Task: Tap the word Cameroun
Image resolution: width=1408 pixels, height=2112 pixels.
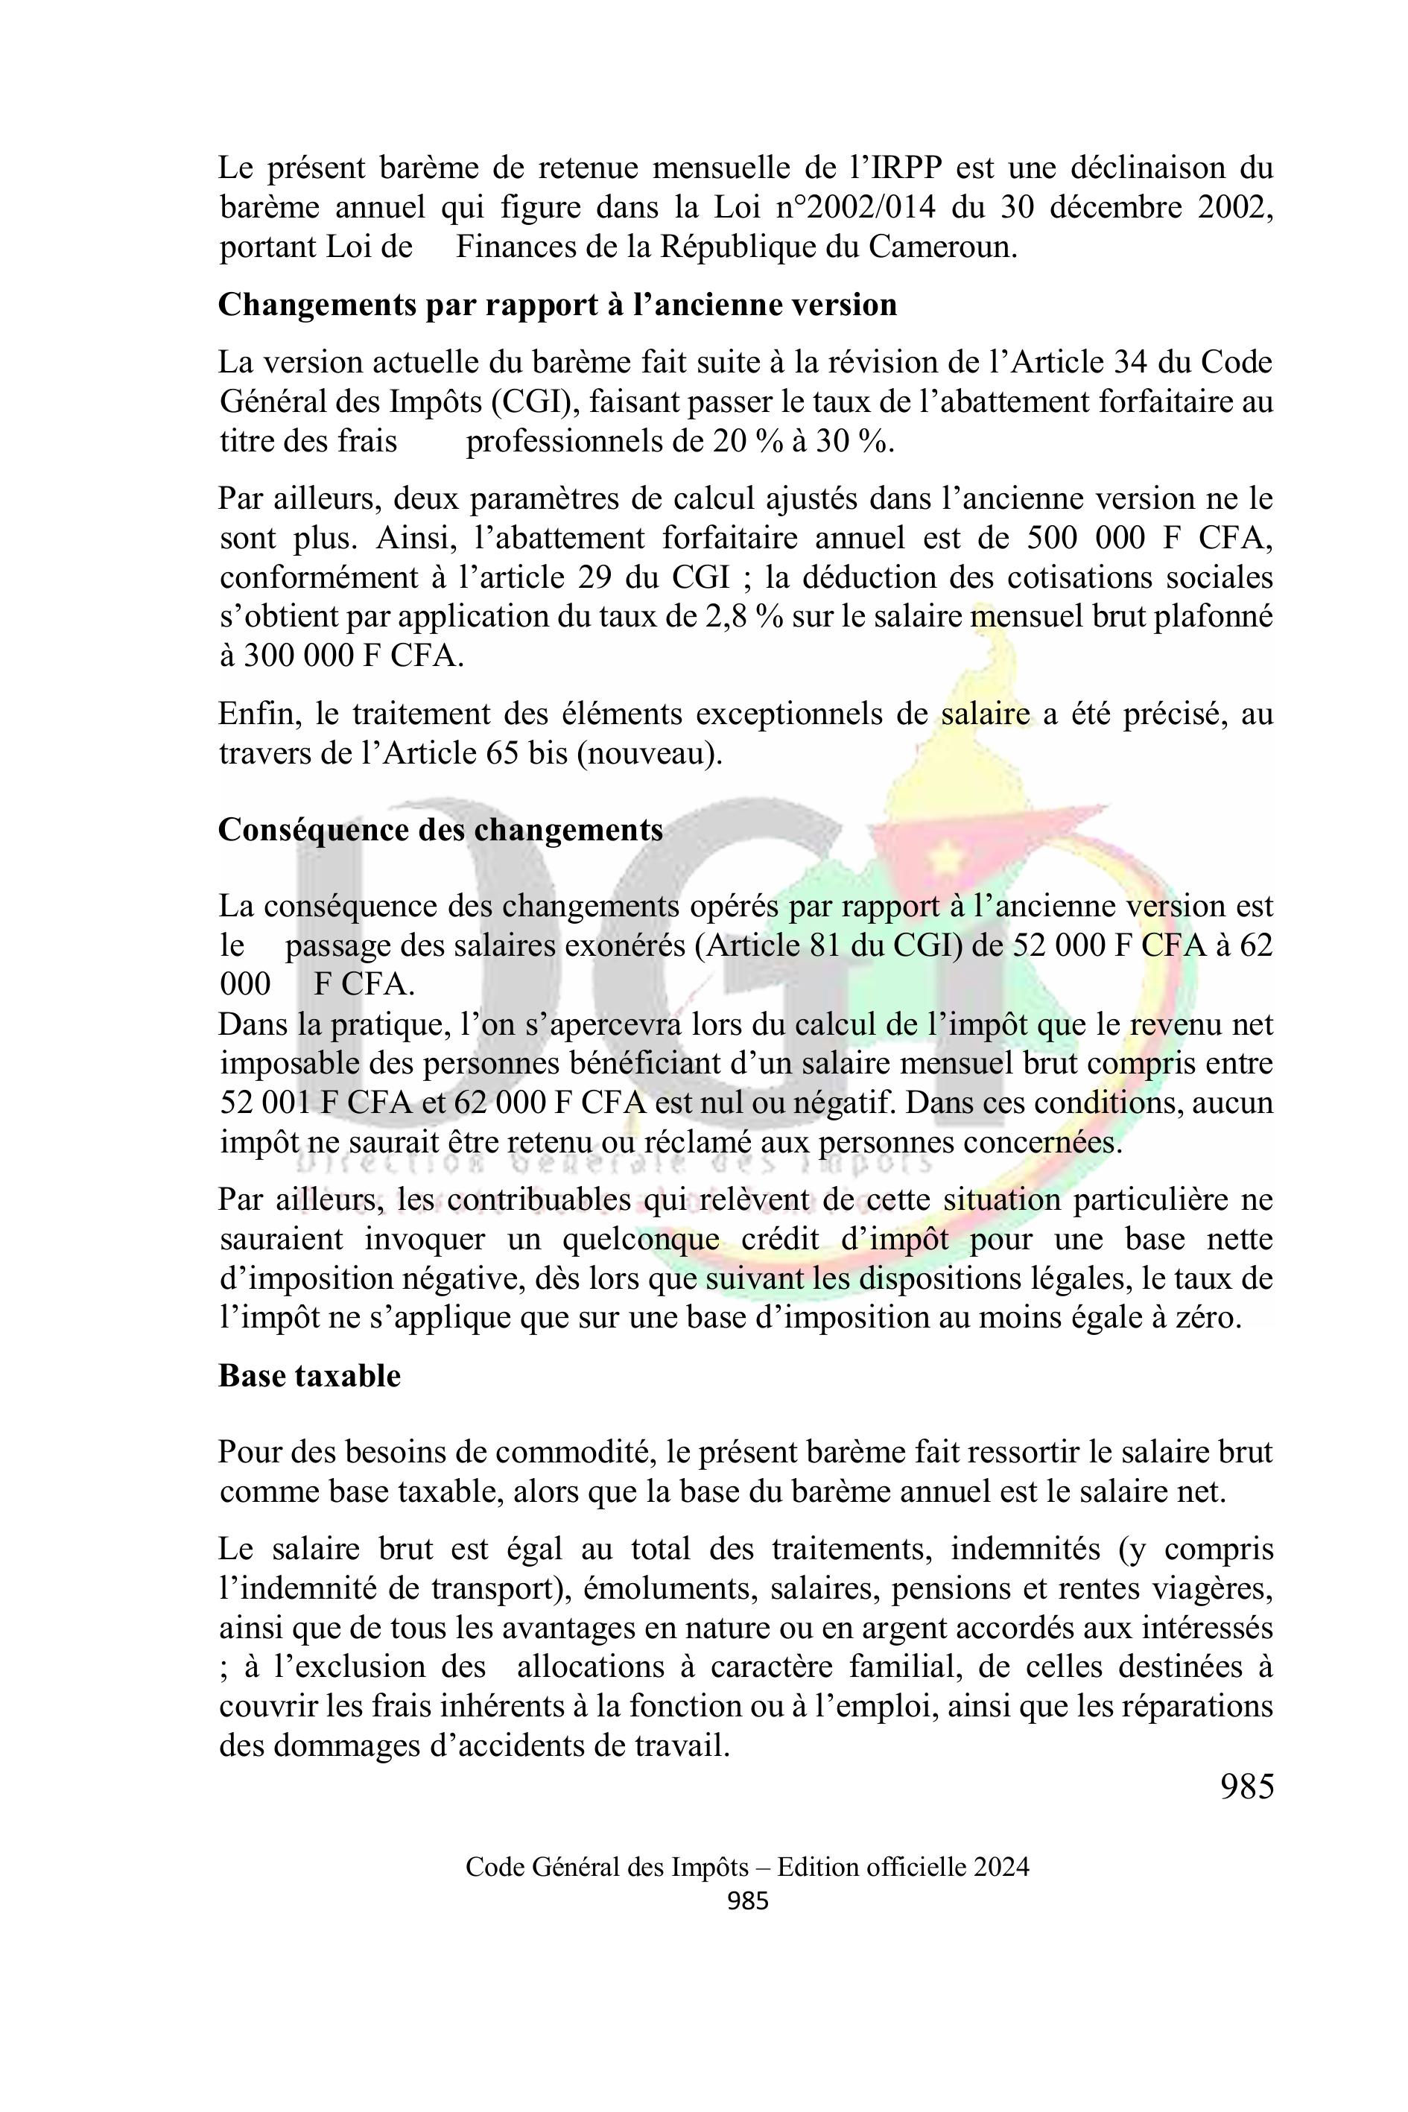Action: click(x=942, y=247)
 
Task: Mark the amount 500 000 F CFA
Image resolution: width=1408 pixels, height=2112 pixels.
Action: click(x=1149, y=538)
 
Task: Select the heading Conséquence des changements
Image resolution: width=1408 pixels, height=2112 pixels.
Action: click(x=441, y=829)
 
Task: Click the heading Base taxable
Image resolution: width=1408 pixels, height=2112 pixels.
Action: click(x=310, y=1376)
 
